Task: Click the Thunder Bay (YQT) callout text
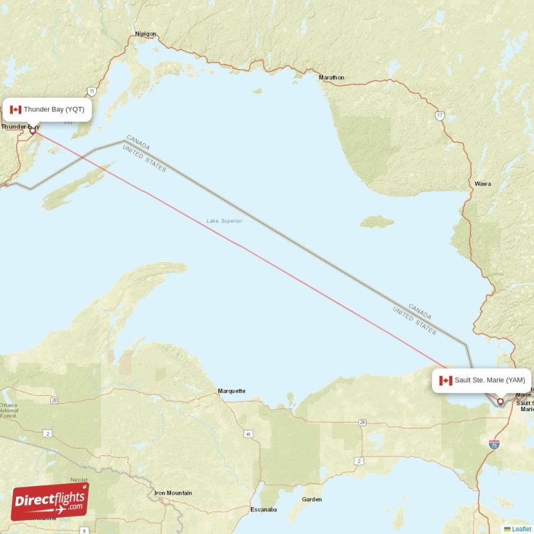(x=54, y=109)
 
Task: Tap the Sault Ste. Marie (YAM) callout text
(x=491, y=380)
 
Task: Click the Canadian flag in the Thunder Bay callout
(x=15, y=109)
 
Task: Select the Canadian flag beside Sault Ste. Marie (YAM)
(x=445, y=380)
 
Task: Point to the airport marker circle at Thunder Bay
(x=32, y=130)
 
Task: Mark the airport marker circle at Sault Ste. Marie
(x=501, y=401)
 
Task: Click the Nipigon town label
(x=145, y=33)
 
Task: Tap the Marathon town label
(x=331, y=77)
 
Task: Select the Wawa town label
(x=482, y=184)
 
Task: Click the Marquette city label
(x=232, y=391)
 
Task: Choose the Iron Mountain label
(x=173, y=493)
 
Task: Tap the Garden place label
(x=311, y=499)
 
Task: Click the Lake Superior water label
(x=224, y=221)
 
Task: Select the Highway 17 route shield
(x=440, y=115)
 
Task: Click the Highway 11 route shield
(x=91, y=91)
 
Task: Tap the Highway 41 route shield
(x=248, y=435)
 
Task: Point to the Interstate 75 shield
(x=493, y=444)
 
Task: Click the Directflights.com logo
(x=49, y=501)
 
